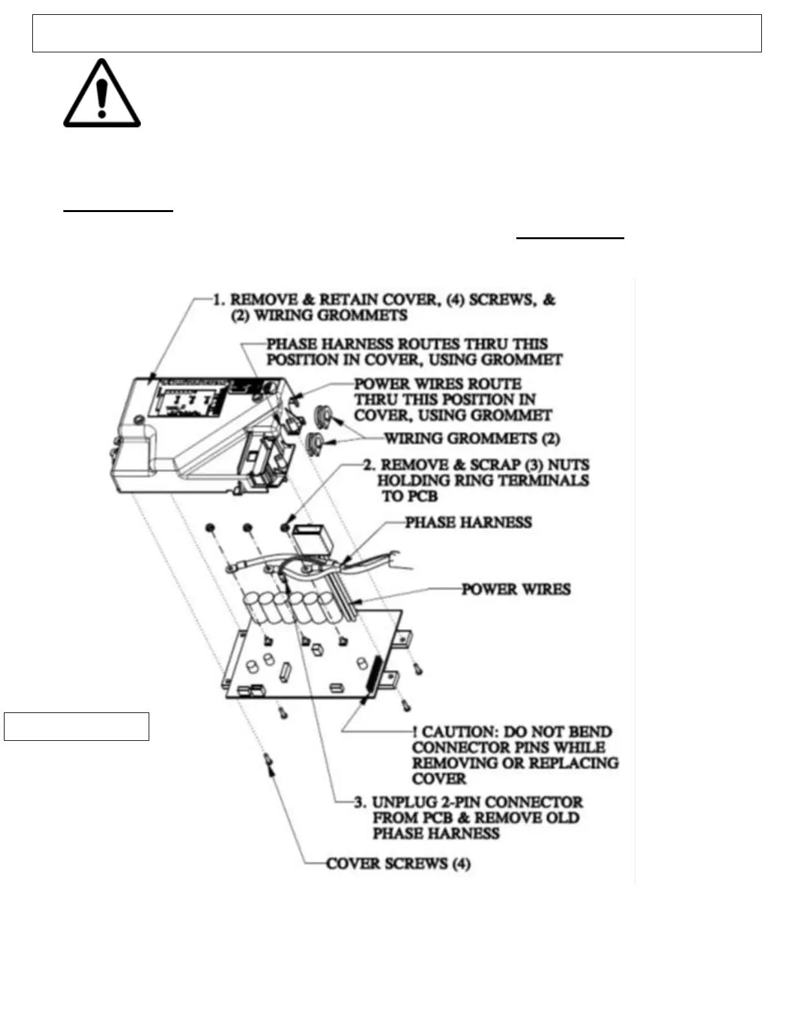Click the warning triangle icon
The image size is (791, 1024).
(x=101, y=94)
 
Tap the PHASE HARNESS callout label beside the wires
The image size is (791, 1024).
(x=468, y=522)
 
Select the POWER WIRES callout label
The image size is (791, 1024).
(x=516, y=590)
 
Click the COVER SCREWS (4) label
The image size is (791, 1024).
(x=398, y=864)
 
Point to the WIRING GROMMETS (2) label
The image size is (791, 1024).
(x=472, y=439)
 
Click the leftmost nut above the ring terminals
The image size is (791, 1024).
(x=210, y=529)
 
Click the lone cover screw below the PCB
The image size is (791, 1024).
(x=268, y=763)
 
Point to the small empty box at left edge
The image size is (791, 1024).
(x=76, y=726)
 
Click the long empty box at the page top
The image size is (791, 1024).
(x=397, y=33)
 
